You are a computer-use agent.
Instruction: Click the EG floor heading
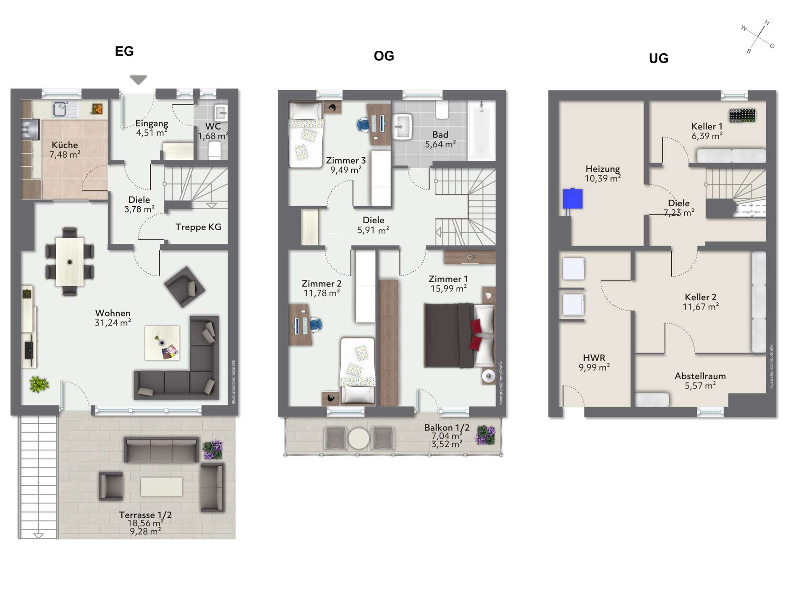tap(124, 51)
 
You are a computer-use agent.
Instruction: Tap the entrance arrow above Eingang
tap(138, 79)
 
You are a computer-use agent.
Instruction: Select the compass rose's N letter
tap(767, 23)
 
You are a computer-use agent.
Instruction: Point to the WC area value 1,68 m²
tap(213, 136)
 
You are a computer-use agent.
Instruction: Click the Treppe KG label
tap(198, 227)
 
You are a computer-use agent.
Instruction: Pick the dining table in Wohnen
tap(70, 262)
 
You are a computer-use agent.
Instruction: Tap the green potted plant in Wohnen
tap(39, 384)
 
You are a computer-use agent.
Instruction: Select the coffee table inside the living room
tap(162, 343)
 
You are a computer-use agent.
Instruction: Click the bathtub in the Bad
tap(482, 130)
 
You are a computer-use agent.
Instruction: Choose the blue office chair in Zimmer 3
tap(364, 125)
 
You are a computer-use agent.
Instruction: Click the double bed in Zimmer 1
tap(459, 336)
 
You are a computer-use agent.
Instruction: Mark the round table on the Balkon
tap(359, 438)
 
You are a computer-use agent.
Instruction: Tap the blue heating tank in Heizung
tap(573, 198)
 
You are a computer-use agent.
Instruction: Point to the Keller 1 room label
tap(707, 126)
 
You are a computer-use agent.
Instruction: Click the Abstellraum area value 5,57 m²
tap(700, 386)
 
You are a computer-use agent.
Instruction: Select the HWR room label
tap(594, 358)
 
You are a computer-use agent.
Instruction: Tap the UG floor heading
tap(658, 58)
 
